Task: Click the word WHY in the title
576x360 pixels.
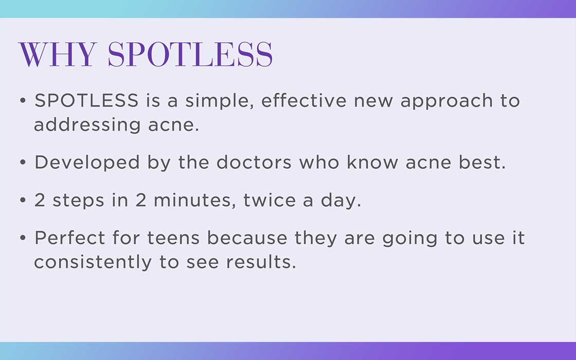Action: pyautogui.click(x=58, y=55)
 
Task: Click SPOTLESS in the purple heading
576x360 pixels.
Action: pyautogui.click(x=190, y=55)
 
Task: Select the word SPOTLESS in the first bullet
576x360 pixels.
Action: pyautogui.click(x=86, y=101)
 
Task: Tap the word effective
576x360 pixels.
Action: pyautogui.click(x=304, y=101)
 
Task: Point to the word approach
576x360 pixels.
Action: pyautogui.click(x=446, y=102)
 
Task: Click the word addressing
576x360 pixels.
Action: pyautogui.click(x=87, y=125)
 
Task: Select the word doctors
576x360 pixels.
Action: pyautogui.click(x=254, y=162)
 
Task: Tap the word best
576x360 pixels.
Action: pyautogui.click(x=482, y=162)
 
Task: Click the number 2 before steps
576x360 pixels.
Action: pyautogui.click(x=40, y=201)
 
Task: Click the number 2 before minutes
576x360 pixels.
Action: pyautogui.click(x=141, y=201)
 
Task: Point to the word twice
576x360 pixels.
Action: pyautogui.click(x=269, y=201)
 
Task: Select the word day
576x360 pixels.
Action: pyautogui.click(x=341, y=202)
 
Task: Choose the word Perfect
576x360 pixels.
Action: pyautogui.click(x=70, y=238)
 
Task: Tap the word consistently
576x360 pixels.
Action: pyautogui.click(x=93, y=263)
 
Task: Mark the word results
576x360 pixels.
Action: pyautogui.click(x=261, y=262)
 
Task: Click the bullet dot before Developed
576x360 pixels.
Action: pyautogui.click(x=23, y=162)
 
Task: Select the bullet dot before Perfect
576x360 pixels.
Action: pyautogui.click(x=23, y=238)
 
